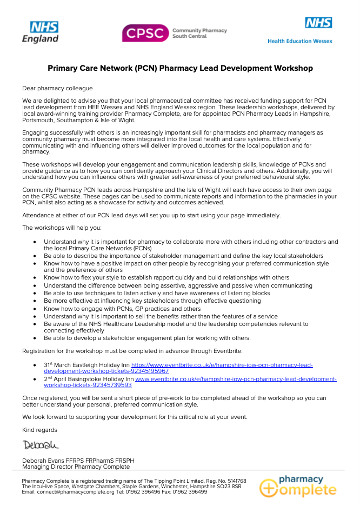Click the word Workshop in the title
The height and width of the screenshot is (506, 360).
(294, 68)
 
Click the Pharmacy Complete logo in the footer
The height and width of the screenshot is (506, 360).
(297, 484)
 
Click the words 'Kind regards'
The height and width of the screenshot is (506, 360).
(39, 430)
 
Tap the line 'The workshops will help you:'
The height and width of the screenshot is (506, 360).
(58, 228)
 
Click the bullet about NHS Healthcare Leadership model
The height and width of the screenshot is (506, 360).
(176, 324)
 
